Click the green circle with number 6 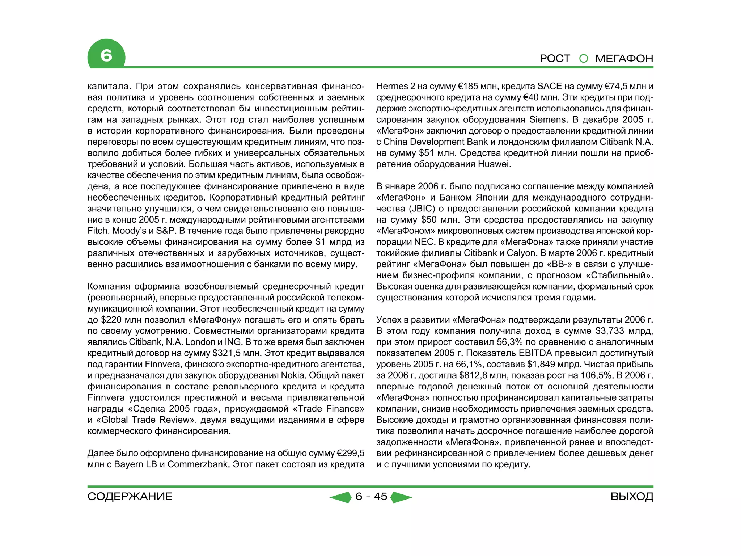click(106, 55)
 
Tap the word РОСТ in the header click(555, 58)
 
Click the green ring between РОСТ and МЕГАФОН click(584, 58)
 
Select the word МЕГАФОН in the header click(624, 58)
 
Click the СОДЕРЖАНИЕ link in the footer click(130, 496)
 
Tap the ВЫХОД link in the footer click(632, 496)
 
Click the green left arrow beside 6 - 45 click(341, 497)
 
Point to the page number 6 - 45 click(371, 496)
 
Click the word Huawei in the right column click(494, 164)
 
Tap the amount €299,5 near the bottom click(350, 453)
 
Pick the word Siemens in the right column click(547, 119)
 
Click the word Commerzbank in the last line click(198, 464)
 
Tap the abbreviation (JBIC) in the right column click(422, 208)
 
